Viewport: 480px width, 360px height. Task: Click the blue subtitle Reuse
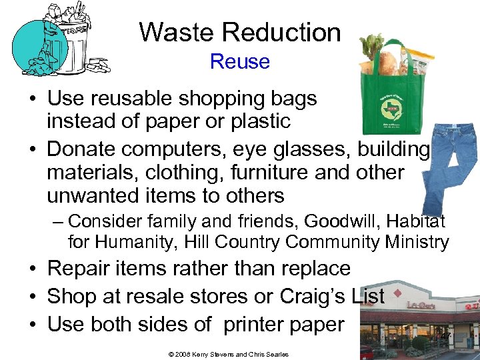(239, 61)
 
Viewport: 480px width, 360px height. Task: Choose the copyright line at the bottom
(229, 354)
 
